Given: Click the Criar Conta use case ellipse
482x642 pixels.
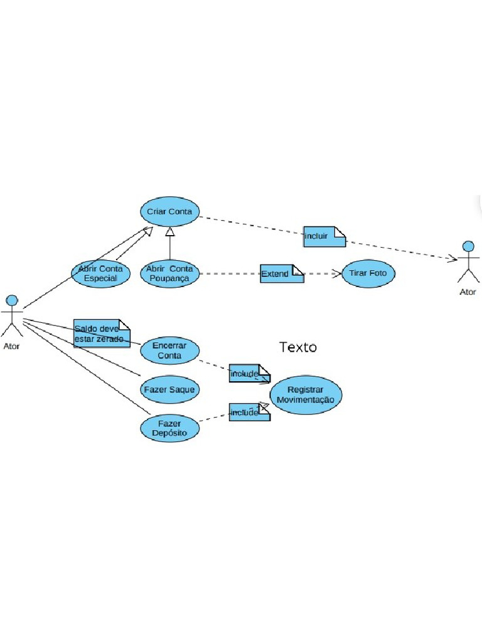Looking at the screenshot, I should [x=169, y=212].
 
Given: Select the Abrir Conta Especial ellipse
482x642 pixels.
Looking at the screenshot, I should [x=100, y=273].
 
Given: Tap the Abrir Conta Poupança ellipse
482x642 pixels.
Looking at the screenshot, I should [x=169, y=273].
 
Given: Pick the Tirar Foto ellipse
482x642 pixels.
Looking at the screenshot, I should [x=369, y=274].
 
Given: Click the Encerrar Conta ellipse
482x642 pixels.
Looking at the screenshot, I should [x=169, y=350].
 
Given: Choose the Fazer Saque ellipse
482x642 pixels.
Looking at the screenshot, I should [x=169, y=389].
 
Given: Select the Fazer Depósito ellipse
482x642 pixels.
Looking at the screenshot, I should [x=169, y=429].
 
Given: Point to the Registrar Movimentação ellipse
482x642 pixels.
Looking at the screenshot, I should [x=306, y=395].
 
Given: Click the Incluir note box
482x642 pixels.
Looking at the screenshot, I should [x=324, y=236].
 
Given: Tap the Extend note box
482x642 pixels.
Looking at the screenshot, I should [x=282, y=274].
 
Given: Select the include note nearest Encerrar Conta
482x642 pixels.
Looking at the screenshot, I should [x=249, y=374].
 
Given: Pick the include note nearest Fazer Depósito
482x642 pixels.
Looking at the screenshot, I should [x=249, y=412].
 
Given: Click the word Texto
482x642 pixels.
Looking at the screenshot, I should [x=298, y=347].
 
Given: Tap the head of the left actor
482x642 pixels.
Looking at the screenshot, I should [x=11, y=299].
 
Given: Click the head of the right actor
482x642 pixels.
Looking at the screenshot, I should [x=468, y=245].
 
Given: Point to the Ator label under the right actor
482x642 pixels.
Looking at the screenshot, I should [x=468, y=292].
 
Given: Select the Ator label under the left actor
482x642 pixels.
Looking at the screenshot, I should [x=11, y=345].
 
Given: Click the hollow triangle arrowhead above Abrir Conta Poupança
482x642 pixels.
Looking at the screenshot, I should [x=169, y=233].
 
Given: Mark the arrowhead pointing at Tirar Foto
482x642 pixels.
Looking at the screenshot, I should [x=338, y=274].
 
